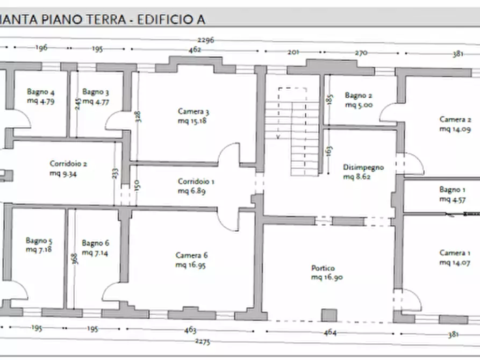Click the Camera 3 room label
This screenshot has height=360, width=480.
[x=193, y=112]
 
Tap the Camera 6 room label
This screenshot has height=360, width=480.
[x=191, y=255]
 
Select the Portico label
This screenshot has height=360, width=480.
[x=323, y=268]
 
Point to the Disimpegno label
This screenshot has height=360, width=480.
[x=363, y=167]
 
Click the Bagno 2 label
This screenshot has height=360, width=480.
[x=359, y=96]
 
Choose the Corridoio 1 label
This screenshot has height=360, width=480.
[x=196, y=182]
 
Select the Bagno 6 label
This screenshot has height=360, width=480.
[x=95, y=243]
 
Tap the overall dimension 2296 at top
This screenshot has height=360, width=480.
[x=206, y=40]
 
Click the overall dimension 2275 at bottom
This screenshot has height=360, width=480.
[x=203, y=342]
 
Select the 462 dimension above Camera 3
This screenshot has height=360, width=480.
[x=195, y=49]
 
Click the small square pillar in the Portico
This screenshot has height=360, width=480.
[x=328, y=315]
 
